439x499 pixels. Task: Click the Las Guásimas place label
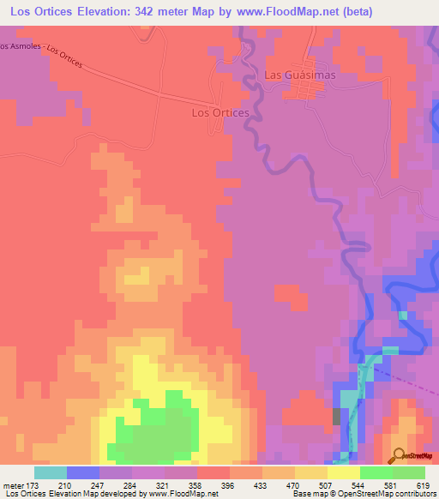tap(299, 75)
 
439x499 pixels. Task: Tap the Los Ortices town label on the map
tap(219, 112)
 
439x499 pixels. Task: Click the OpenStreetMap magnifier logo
tap(400, 455)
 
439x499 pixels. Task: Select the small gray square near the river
tap(336, 416)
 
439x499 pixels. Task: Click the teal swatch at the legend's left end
tap(51, 472)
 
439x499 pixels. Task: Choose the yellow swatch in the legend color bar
tap(343, 472)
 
